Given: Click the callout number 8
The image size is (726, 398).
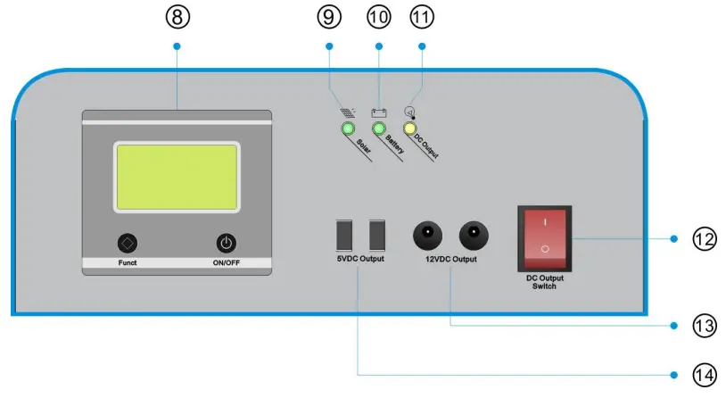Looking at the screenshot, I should (177, 17).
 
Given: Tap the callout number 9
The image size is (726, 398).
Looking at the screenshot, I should (329, 17).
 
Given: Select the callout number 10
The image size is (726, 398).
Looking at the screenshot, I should (377, 17).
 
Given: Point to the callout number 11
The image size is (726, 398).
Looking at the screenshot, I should (423, 17).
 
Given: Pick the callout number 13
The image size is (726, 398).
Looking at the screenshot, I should (704, 326).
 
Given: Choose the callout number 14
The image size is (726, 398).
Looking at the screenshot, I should (704, 375).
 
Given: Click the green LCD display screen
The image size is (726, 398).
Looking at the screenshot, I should (177, 176).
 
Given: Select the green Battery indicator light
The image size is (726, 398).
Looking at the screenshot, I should (379, 130).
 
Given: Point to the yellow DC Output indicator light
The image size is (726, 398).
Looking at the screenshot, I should (410, 130).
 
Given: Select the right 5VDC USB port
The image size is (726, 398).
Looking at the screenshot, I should (376, 235).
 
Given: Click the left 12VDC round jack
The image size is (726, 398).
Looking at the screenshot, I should (427, 236).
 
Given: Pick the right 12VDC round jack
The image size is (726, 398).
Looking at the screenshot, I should (474, 236).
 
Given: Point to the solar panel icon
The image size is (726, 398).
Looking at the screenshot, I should (346, 112).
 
